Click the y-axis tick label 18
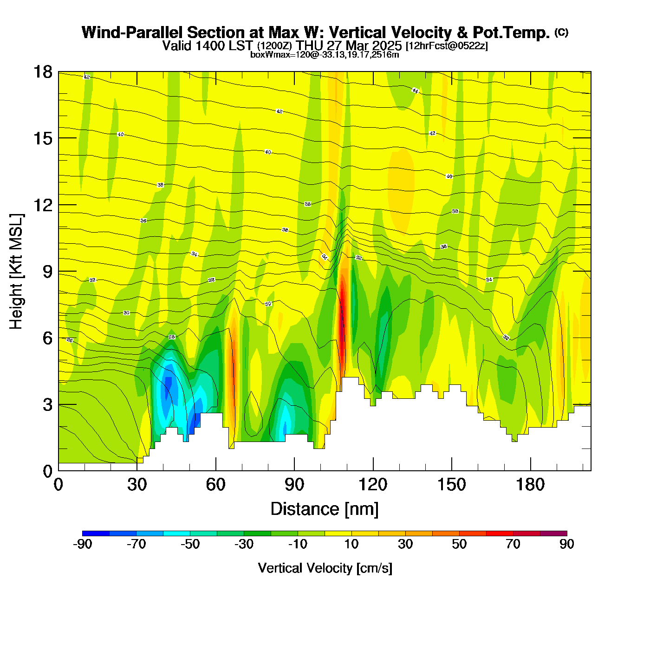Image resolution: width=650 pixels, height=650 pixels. [x=43, y=72]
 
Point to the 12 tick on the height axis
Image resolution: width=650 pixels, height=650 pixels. [x=43, y=205]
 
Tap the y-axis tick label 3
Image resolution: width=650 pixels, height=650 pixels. [x=47, y=404]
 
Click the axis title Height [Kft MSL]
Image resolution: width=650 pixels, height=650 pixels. [x=16, y=272]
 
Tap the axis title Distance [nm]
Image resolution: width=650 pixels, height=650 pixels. [x=325, y=509]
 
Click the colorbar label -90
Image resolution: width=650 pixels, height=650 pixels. [x=83, y=544]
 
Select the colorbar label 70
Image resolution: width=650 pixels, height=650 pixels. [x=513, y=544]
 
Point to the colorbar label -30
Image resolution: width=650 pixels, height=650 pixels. [x=244, y=544]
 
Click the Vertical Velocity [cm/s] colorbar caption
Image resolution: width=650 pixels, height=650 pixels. [x=325, y=568]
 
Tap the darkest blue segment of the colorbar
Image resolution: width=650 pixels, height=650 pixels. [x=96, y=533]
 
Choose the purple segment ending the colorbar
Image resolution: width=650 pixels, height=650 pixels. [x=553, y=533]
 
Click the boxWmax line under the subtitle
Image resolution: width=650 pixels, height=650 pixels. [x=325, y=54]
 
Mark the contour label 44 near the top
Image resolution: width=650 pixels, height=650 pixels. [x=415, y=91]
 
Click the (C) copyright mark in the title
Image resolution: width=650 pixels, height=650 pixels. [x=561, y=32]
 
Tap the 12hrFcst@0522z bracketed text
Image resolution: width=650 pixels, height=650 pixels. [x=447, y=46]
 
